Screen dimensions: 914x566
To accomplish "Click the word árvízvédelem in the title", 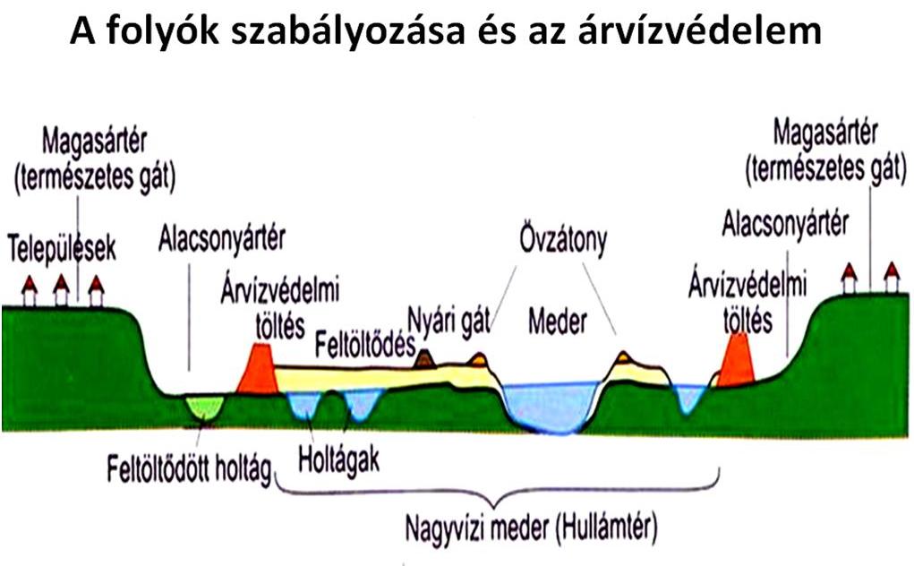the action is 700,30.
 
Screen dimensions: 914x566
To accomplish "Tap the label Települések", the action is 62,249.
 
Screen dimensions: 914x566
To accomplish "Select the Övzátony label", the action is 563,240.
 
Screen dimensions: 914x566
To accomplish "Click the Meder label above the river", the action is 557,322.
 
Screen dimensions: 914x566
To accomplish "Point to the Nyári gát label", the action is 448,320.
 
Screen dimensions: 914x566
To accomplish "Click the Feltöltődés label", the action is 365,345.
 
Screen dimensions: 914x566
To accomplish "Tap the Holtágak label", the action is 338,460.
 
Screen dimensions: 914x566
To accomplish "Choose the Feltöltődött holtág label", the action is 190,468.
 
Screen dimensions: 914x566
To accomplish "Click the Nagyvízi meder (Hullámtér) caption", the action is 531,529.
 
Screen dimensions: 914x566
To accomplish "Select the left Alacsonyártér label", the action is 221,238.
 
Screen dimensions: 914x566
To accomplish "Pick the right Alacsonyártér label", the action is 785,224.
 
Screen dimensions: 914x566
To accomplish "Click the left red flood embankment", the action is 257,368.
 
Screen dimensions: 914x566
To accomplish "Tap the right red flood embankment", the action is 736,360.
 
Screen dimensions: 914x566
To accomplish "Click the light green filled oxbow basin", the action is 205,407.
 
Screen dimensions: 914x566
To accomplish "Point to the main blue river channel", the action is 551,407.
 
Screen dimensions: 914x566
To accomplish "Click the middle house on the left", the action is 61,289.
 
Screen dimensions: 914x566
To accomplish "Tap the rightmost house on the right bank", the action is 892,277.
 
